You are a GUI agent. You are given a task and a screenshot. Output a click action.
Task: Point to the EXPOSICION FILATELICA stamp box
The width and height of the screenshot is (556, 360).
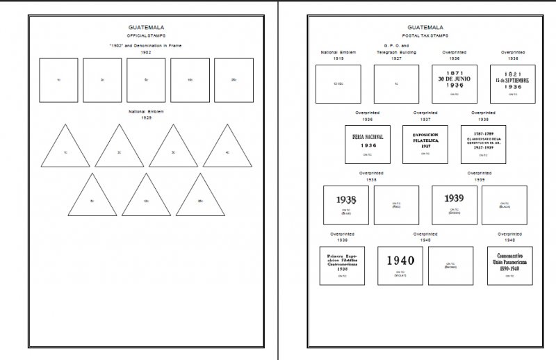[x=425, y=145]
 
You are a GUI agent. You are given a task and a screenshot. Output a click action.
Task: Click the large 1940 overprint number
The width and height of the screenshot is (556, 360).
[x=400, y=261]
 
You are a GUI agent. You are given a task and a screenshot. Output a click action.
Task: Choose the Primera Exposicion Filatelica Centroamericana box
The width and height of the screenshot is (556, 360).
[x=341, y=265]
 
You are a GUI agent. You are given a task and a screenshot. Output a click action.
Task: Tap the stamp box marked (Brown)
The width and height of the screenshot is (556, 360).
[x=450, y=265]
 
